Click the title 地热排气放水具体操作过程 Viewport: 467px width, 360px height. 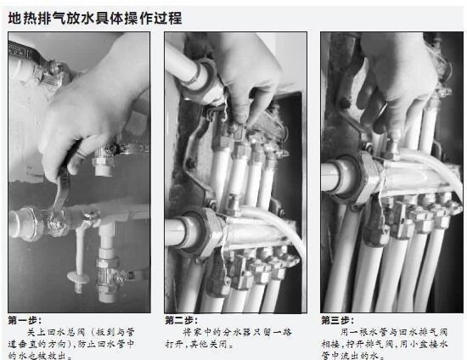[95, 17]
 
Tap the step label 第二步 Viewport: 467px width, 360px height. [182, 320]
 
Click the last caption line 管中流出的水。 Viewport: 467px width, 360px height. [352, 355]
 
